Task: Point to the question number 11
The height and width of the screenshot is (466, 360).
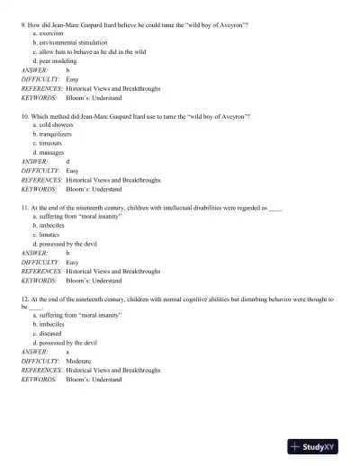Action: (25, 207)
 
